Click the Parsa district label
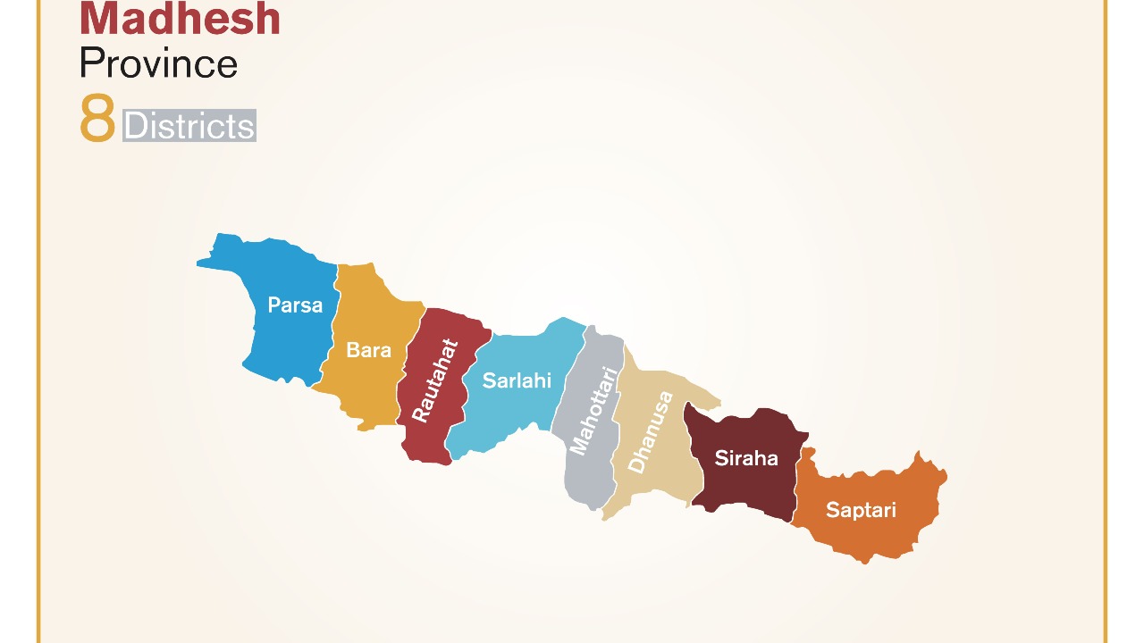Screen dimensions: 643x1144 pos(295,305)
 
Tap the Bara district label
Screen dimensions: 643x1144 pos(368,350)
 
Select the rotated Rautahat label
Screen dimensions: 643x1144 pos(435,380)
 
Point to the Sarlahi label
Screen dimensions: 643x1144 pos(517,380)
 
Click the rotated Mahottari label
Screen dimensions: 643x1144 pos(593,411)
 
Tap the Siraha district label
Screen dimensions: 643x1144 pos(746,458)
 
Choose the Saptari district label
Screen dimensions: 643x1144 pos(861,510)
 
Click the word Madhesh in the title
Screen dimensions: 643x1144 pos(180,20)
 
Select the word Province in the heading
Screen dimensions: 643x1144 pos(158,63)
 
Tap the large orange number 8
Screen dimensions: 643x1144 pos(97,119)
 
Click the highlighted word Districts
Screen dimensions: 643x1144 pos(189,126)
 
